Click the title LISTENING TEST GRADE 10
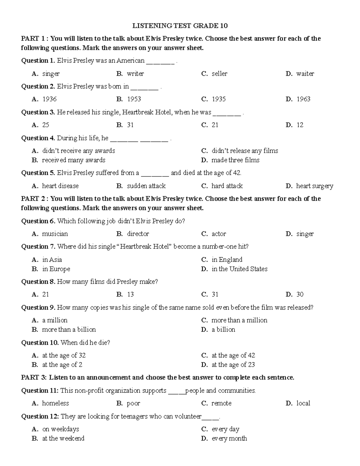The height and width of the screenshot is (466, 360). coord(180,26)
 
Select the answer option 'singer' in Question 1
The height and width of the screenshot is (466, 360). coord(51,74)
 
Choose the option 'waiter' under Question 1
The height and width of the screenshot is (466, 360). coord(305,74)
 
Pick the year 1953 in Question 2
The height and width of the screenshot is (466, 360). coord(134,99)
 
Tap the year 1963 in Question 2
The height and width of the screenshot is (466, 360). coord(303,99)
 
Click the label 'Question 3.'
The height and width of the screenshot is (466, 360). coord(38,113)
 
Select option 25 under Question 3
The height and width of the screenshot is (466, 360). coord(46,125)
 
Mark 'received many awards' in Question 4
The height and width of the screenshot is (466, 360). coord(73,160)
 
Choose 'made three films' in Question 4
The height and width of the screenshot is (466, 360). coord(235,160)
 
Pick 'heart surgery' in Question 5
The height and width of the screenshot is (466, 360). coord(314,186)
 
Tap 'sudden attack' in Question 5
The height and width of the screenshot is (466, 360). coord(146,186)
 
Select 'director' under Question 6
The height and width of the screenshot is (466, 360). coord(138,234)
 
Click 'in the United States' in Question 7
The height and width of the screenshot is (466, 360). coord(239,269)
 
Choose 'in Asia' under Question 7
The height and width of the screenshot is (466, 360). coord(52,260)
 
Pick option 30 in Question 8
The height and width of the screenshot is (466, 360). coord(300,295)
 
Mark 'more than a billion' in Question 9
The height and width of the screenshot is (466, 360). coord(69,330)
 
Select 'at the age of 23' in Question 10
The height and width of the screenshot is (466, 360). coord(233,365)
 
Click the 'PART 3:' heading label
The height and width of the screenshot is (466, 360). coord(34,378)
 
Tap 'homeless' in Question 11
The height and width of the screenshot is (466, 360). coord(55,404)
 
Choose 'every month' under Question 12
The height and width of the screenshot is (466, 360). coord(229,439)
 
